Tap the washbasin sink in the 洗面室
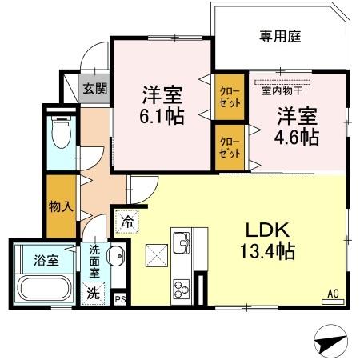(114, 258)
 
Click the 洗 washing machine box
(94, 293)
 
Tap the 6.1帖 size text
(162, 115)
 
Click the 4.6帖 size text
(297, 136)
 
